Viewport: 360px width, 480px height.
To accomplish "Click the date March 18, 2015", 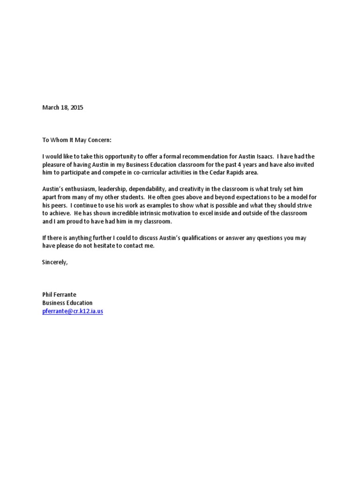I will [62, 107].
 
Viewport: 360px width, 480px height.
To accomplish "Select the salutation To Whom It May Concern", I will [77, 140].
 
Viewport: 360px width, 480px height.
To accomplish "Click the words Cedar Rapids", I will [220, 172].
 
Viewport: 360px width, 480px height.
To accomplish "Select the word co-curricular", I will [143, 172].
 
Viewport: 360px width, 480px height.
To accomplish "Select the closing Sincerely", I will [55, 262].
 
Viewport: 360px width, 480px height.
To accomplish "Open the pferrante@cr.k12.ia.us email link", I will [73, 311].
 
